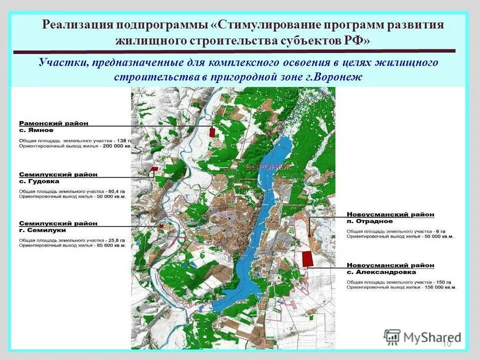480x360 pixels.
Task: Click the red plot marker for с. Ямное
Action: pyautogui.click(x=212, y=132)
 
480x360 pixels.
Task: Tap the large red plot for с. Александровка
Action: pyautogui.click(x=307, y=258)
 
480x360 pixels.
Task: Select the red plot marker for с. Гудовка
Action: pyautogui.click(x=154, y=169)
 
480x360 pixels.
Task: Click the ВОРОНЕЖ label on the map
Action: pyautogui.click(x=267, y=167)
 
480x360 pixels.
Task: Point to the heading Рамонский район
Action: pyautogui.click(x=53, y=122)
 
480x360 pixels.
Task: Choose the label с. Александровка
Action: pyautogui.click(x=381, y=272)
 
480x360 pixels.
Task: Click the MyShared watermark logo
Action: pyautogui.click(x=422, y=337)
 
